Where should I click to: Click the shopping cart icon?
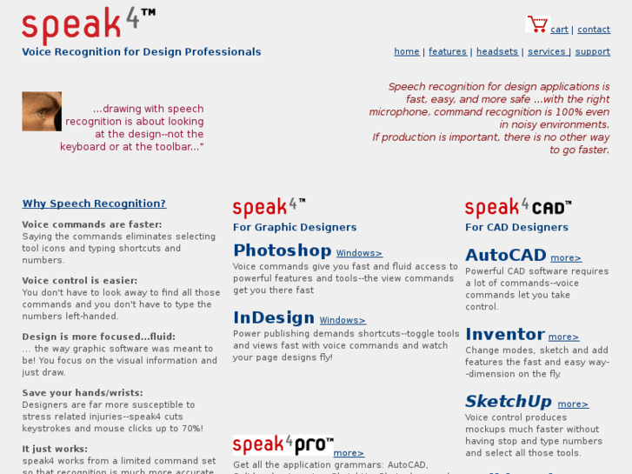pos(537,24)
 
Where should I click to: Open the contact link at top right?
pos(593,30)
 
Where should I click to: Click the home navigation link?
pos(406,52)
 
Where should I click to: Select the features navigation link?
pos(447,52)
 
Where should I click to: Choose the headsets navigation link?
pos(496,52)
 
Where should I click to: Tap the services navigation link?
pos(547,52)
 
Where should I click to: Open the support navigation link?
pos(592,52)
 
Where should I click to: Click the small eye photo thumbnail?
pos(42,111)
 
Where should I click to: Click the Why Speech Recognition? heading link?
pos(94,204)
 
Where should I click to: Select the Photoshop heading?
pos(282,250)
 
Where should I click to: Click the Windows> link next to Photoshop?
pos(359,254)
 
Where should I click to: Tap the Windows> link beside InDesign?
pos(343,321)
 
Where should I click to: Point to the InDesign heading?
pos(273,317)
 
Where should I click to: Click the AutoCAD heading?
pos(505,256)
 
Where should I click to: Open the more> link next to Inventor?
pos(563,337)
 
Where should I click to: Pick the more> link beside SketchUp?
pos(573,404)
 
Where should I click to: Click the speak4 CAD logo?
pos(518,208)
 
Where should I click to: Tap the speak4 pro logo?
pos(282,445)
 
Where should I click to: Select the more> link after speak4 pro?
pos(349,453)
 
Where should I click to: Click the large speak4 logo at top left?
pos(88,24)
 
